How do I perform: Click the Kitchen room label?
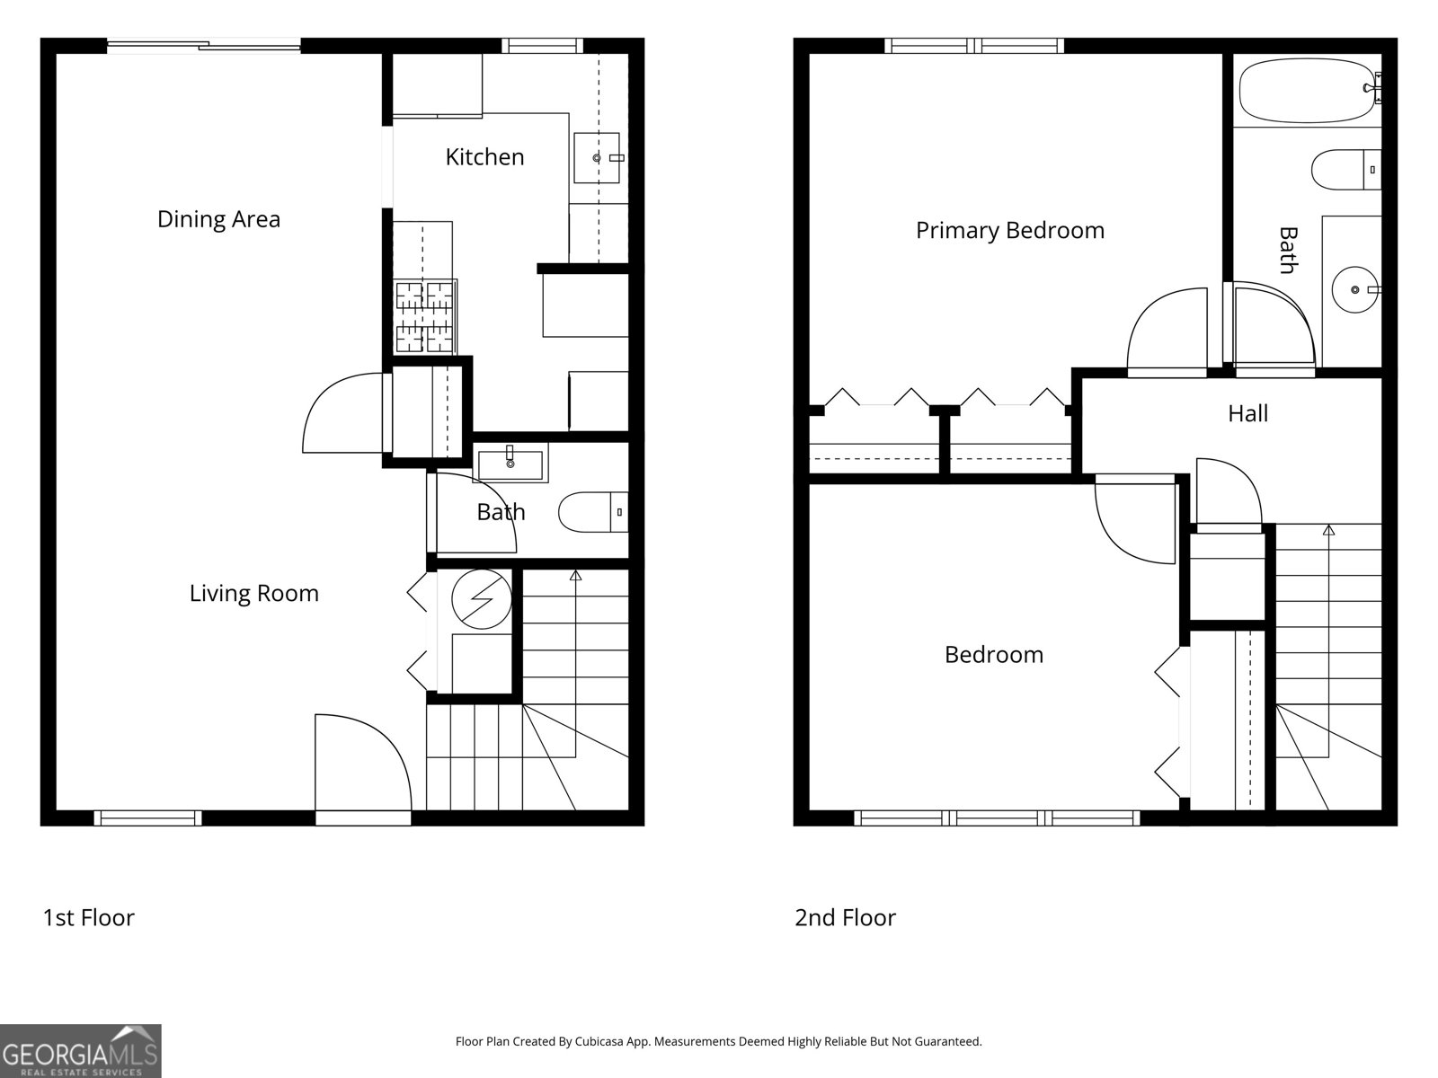(484, 157)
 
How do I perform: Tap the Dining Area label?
(218, 219)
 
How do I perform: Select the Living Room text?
(253, 593)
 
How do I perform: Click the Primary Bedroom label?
(1009, 230)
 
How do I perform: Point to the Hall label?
(1247, 413)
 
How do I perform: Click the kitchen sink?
(598, 157)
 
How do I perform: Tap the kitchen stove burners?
(425, 316)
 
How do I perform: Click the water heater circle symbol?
(481, 598)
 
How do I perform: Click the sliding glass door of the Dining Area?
(204, 43)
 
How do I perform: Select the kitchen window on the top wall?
(541, 45)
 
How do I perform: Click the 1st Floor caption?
(88, 917)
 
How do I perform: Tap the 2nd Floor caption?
(845, 917)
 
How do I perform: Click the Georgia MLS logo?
(80, 1050)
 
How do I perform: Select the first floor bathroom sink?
(510, 464)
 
